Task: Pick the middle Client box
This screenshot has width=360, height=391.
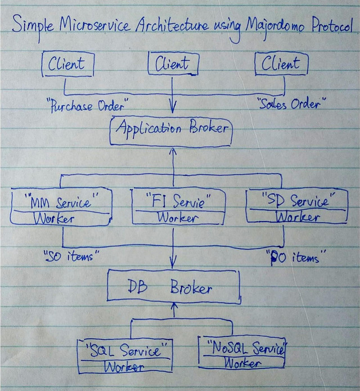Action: pos(173,64)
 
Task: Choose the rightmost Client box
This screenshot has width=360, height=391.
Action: pos(281,64)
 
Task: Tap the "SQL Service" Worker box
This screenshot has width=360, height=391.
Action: pos(125,356)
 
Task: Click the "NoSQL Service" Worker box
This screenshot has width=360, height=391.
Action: pos(242,353)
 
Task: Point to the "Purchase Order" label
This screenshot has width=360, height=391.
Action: pos(87,105)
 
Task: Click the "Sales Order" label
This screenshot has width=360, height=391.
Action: pos(291,104)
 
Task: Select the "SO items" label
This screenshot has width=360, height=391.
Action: pos(71,257)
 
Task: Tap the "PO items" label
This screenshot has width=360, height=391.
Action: pos(292,258)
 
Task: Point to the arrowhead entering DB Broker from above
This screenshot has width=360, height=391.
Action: pos(173,263)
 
